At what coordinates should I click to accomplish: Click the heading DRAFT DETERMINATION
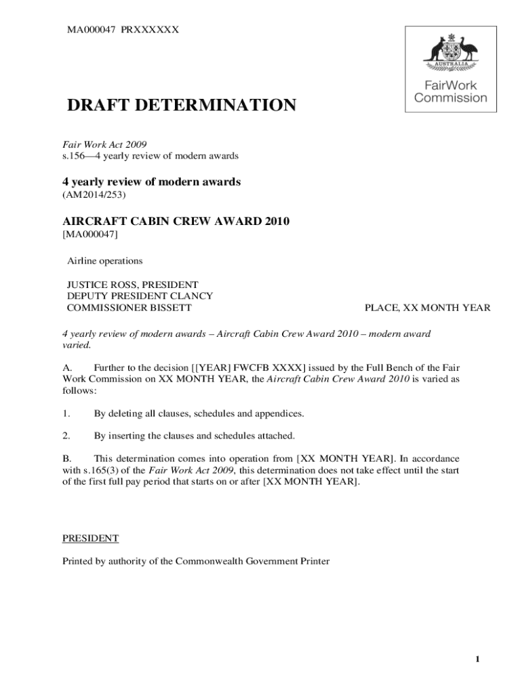click(x=181, y=106)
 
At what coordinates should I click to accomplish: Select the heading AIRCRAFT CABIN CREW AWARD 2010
click(x=171, y=221)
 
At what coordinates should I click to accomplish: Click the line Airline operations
click(x=104, y=261)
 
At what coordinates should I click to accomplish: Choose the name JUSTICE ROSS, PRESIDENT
click(x=132, y=285)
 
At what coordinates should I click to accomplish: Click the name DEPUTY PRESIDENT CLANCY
click(x=140, y=296)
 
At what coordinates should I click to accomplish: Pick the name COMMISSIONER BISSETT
click(x=129, y=308)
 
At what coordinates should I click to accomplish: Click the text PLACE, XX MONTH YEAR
click(x=427, y=308)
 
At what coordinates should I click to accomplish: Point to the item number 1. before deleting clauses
click(x=66, y=413)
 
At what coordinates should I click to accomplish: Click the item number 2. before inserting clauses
click(x=66, y=435)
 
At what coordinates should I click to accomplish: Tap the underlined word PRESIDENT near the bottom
click(x=91, y=538)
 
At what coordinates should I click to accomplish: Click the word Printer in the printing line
click(x=314, y=561)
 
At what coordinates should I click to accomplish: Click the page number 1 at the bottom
click(x=478, y=660)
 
